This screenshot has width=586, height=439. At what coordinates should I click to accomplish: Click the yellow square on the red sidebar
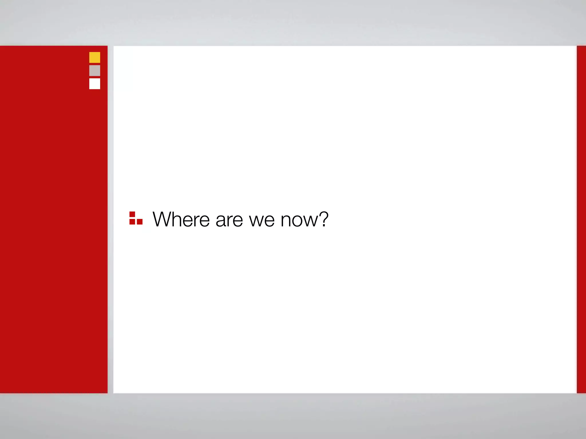click(95, 57)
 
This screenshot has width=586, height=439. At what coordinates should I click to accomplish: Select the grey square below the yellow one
click(95, 71)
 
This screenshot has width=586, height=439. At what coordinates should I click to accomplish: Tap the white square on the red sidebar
click(95, 84)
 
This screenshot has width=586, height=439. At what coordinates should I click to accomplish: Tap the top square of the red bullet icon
click(132, 214)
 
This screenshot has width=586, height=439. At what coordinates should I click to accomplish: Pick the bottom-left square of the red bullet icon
click(132, 222)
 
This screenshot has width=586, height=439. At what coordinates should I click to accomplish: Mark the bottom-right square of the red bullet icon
click(140, 222)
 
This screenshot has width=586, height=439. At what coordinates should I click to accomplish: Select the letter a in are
click(221, 221)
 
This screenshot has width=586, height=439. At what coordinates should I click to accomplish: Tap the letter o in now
click(298, 221)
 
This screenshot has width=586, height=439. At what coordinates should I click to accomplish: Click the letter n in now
click(286, 221)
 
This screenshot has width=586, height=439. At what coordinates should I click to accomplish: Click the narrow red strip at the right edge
click(581, 219)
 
